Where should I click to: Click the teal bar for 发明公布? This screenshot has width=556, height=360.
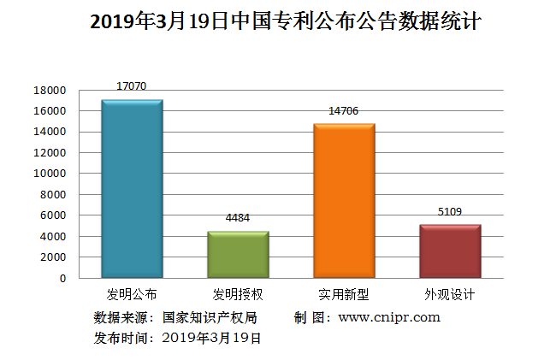[x=132, y=189]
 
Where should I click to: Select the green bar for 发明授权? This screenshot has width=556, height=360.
[x=238, y=255]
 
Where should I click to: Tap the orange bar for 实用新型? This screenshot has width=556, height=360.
[x=344, y=201]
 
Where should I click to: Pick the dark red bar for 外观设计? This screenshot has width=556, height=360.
[x=450, y=251]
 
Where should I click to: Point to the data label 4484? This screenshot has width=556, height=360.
[x=238, y=218]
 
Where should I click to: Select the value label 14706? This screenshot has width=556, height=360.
[x=344, y=111]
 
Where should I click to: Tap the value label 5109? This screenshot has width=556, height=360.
[x=450, y=211]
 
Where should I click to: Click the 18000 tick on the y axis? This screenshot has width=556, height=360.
[x=50, y=90]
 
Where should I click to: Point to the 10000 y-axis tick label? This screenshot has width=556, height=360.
[x=50, y=174]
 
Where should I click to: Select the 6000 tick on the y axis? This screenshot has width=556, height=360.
[x=53, y=215]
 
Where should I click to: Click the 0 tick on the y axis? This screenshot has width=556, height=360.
[x=62, y=278]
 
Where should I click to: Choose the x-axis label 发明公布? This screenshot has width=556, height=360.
[x=132, y=295]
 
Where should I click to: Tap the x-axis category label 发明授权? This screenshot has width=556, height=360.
[x=238, y=295]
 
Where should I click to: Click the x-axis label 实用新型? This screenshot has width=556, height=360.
[x=344, y=295]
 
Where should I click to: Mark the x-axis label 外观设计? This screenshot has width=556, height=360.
[x=450, y=295]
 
